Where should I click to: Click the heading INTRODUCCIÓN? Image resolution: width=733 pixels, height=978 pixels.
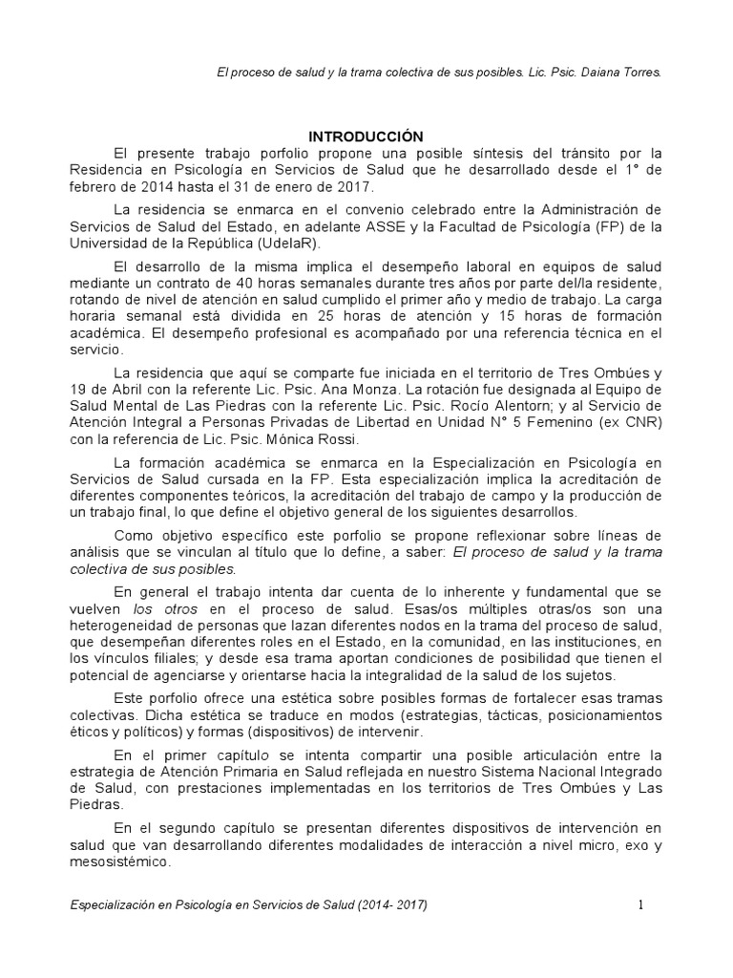(366, 137)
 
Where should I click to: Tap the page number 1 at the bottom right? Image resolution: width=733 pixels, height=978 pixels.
(642, 905)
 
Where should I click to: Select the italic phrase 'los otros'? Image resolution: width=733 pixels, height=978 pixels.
(156, 607)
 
